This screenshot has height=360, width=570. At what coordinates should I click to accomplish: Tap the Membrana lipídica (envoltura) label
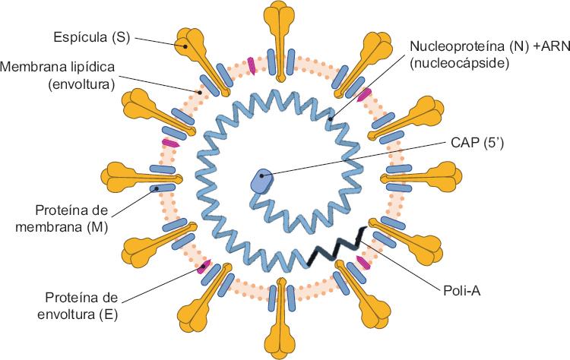pyautogui.click(x=59, y=74)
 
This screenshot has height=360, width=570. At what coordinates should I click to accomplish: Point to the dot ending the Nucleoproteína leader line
pyautogui.click(x=331, y=119)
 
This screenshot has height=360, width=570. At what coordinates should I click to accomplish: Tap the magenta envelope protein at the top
pyautogui.click(x=252, y=66)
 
